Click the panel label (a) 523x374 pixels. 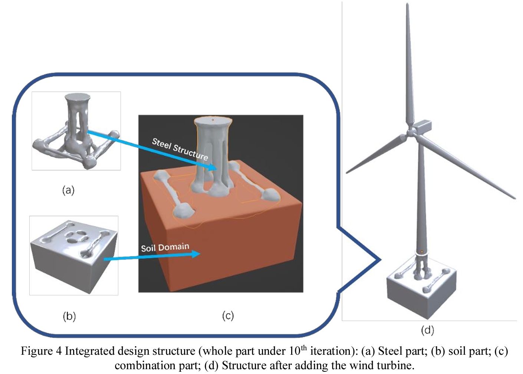coord(68,190)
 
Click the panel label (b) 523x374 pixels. coord(69,316)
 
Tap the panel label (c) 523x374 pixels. coord(228,316)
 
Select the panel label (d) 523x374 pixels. coord(427,330)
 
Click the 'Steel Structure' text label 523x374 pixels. coord(180,149)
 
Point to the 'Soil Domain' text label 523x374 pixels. coord(165,248)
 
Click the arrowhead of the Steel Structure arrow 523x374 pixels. coord(212,168)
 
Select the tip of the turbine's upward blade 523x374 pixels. coord(407,5)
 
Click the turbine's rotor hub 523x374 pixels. coord(411,133)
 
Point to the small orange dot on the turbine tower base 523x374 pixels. coord(421,252)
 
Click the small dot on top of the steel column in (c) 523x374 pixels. coord(213,120)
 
